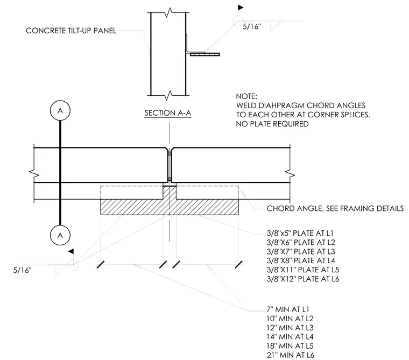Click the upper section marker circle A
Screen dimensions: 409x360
click(60, 111)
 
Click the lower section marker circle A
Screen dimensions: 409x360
click(60, 235)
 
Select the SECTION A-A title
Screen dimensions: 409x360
click(168, 113)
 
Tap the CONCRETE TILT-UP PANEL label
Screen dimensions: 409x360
click(71, 31)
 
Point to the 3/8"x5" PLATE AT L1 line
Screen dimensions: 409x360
click(300, 233)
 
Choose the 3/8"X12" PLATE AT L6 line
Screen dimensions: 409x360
click(303, 279)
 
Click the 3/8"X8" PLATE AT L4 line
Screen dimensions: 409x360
click(301, 260)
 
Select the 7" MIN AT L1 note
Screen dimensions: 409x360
click(288, 309)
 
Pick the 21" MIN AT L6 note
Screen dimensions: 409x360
click(290, 355)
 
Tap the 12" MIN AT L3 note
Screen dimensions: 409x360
click(290, 328)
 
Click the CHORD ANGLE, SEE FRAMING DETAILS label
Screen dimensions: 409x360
click(335, 208)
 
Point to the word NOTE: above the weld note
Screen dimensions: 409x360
click(246, 96)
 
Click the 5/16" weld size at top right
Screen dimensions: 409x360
click(252, 26)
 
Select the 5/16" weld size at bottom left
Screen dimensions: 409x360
click(22, 270)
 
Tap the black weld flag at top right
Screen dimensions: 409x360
click(240, 8)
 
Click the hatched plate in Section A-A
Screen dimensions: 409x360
click(204, 54)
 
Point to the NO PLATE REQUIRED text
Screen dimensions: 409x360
click(272, 124)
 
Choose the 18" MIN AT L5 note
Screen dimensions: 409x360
click(290, 346)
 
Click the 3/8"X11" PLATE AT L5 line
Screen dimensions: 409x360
click(303, 270)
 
